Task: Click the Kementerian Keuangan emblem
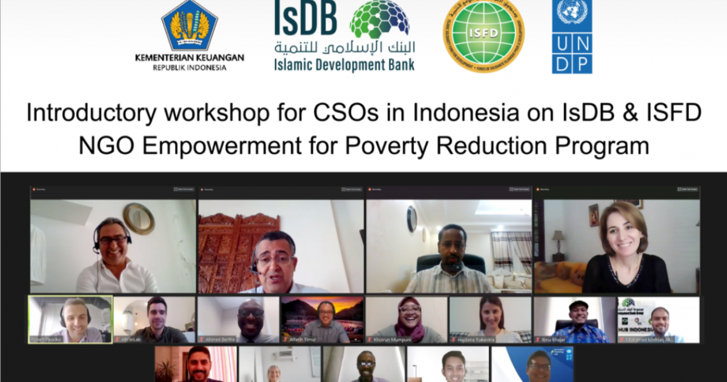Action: (189, 27)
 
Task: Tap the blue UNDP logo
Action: (572, 36)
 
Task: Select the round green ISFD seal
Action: (483, 37)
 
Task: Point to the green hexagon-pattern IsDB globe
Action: (380, 19)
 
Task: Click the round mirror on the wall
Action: (139, 218)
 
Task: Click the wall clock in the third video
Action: (412, 218)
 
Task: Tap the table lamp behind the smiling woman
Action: (558, 239)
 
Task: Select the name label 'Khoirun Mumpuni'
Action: (392, 340)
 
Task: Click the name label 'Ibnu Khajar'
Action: (554, 340)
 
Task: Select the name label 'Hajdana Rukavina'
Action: (478, 340)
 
